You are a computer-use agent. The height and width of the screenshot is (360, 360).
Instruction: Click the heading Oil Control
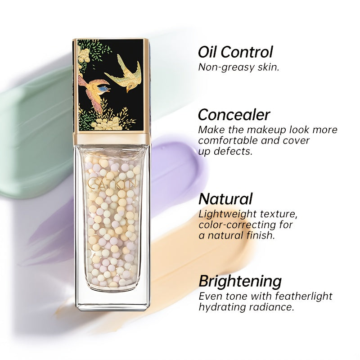[x=235, y=52]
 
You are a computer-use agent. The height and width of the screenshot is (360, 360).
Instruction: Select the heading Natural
[x=225, y=198]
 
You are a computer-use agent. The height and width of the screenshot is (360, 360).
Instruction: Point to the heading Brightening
[x=240, y=281]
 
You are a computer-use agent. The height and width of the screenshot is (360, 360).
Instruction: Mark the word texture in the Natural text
[x=279, y=214]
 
